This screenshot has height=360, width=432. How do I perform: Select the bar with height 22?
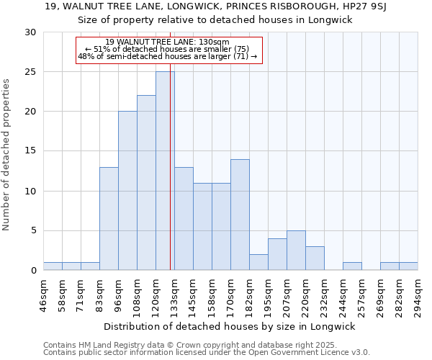[x=146, y=183]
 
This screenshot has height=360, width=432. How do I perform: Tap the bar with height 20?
[x=127, y=191]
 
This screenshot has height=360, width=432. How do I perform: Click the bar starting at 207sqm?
[x=296, y=250]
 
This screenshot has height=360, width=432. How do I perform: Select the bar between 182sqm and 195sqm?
[x=258, y=262]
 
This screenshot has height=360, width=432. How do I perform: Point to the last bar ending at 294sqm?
[x=408, y=266]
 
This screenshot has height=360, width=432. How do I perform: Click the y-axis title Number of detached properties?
[x=7, y=151]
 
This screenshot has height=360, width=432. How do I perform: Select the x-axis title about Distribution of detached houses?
[x=230, y=327]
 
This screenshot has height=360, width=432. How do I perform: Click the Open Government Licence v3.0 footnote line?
[x=207, y=353]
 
